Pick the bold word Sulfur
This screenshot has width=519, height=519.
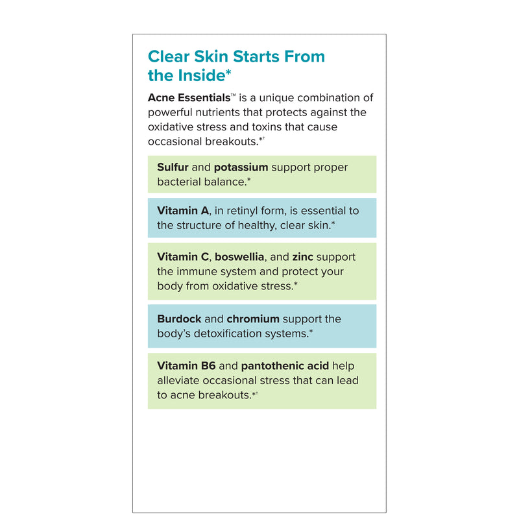pos(173,167)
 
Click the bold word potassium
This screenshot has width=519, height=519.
pos(241,167)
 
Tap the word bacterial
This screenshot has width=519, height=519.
pos(179,182)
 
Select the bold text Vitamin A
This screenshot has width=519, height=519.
pos(181,211)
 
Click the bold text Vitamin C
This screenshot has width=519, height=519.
pos(181,257)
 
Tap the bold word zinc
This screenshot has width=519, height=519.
pos(303,257)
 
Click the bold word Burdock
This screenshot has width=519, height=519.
pos(179,319)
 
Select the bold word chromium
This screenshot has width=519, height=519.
pos(253,319)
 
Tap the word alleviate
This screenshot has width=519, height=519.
pos(178,380)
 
